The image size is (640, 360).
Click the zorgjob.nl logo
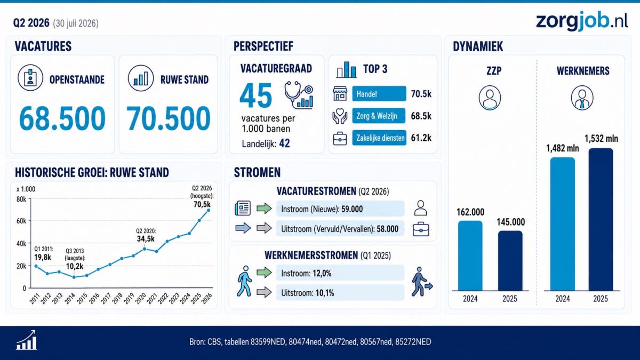click(x=582, y=21)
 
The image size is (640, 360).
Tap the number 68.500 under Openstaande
click(x=62, y=118)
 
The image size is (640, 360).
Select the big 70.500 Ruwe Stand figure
click(x=169, y=118)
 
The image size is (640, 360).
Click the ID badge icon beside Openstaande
click(x=30, y=78)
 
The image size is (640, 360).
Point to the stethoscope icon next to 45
click(x=299, y=95)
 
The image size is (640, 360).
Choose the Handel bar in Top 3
click(x=379, y=94)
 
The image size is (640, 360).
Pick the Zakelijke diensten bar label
click(x=379, y=138)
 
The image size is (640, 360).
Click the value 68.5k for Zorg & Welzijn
click(x=421, y=116)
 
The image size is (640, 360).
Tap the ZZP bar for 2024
click(x=470, y=255)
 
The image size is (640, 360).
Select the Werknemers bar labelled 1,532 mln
click(x=601, y=219)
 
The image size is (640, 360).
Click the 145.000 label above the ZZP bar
click(x=510, y=222)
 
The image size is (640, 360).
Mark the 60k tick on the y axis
click(x=21, y=221)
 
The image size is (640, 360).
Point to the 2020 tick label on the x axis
click(x=140, y=299)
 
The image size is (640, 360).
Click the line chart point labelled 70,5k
click(x=209, y=210)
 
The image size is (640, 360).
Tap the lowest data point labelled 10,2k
click(x=74, y=277)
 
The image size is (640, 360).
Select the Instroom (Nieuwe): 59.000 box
click(x=340, y=209)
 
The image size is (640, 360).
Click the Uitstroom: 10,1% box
click(x=340, y=293)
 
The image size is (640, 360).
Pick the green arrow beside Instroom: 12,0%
click(x=265, y=273)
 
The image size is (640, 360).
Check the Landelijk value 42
click(x=285, y=143)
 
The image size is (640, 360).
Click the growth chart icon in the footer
click(x=26, y=340)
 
